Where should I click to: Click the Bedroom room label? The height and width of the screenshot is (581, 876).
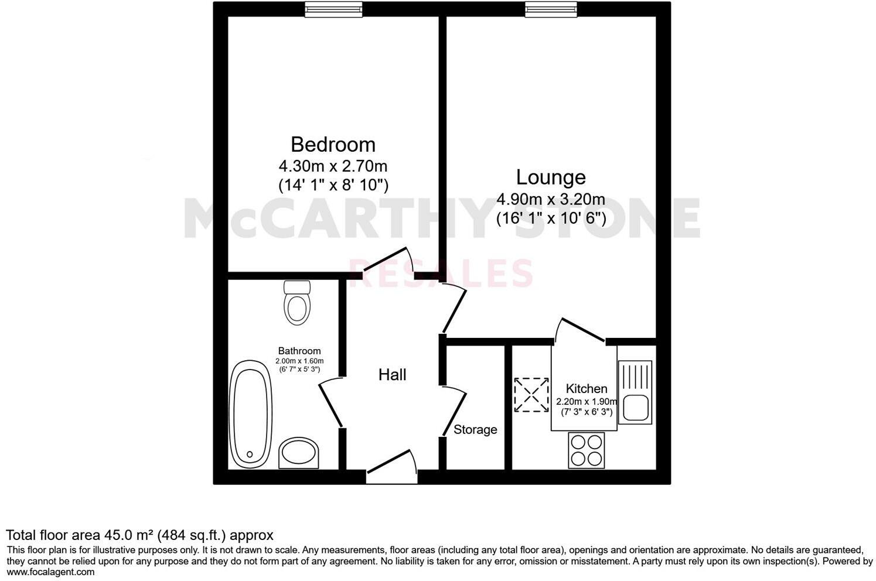333,144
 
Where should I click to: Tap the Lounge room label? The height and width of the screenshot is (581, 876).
550,177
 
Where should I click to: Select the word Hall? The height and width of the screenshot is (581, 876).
392,375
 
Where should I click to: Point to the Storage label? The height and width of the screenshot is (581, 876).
475,430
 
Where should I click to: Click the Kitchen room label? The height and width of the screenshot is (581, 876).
586,389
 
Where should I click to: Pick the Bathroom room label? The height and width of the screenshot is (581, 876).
299,351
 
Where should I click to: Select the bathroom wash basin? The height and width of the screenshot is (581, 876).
299,453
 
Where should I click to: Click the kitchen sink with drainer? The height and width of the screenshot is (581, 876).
635,392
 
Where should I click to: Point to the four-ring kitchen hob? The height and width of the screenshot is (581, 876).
586,450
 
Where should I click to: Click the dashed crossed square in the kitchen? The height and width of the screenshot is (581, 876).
531,395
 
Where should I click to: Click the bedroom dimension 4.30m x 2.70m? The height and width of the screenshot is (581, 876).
333,166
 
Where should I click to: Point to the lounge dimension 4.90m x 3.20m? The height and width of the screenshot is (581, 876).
550,200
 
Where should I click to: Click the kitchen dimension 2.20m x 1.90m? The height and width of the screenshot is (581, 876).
586,402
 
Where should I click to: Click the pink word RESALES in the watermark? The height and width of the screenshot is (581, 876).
441,273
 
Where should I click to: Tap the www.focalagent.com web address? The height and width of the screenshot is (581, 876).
50,572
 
